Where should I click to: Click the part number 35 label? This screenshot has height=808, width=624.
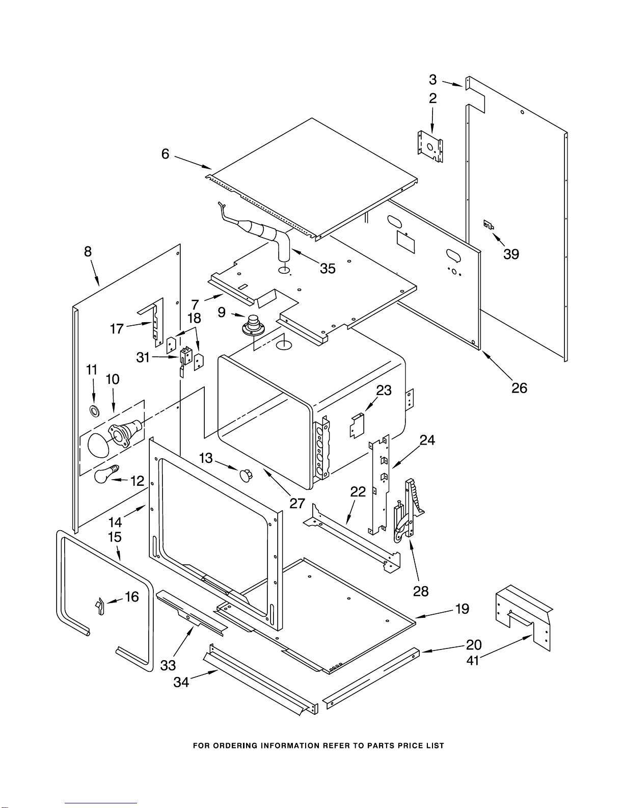coord(328,269)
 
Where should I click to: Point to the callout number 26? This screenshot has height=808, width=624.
coord(519,388)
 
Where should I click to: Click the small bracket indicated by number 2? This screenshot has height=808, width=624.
coord(430,146)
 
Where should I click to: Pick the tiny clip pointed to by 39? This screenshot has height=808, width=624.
coord(488,225)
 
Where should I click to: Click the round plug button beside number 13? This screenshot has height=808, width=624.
coord(246,475)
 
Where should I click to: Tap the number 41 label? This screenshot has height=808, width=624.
coord(473,660)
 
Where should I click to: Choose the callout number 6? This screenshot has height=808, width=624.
coord(165,153)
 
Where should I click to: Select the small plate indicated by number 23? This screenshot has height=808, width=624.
coord(357,425)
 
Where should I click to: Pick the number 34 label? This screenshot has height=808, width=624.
coord(181,682)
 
